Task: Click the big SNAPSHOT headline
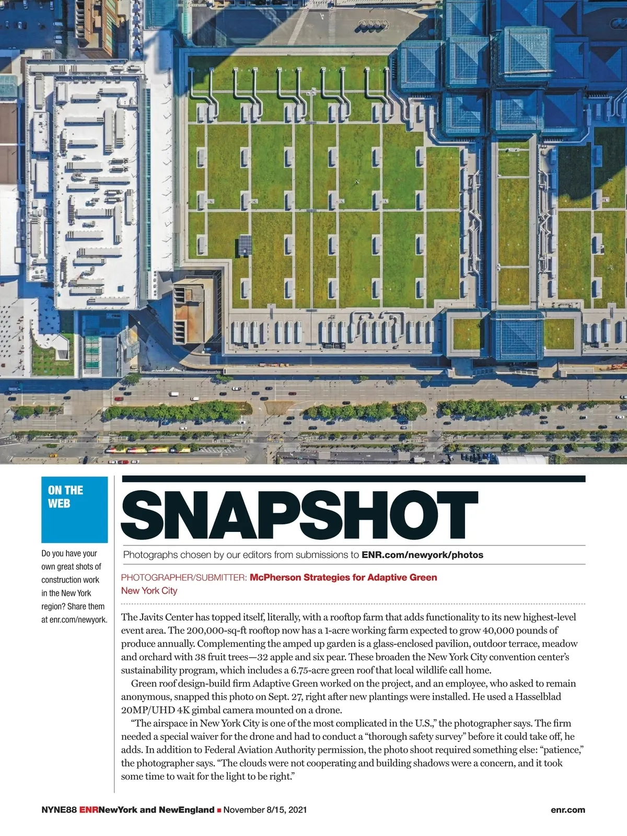click(x=299, y=515)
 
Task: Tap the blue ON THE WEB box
click(x=75, y=509)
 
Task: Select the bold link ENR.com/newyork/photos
click(x=422, y=555)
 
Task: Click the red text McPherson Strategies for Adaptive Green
click(x=343, y=577)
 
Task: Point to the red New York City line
click(x=149, y=590)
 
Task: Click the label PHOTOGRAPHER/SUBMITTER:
click(x=184, y=577)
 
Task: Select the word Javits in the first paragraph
click(x=152, y=617)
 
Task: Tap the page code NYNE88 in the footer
click(x=59, y=810)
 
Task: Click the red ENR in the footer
click(x=89, y=810)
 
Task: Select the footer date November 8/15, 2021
click(x=265, y=810)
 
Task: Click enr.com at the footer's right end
click(x=568, y=810)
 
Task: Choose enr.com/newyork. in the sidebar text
click(x=78, y=620)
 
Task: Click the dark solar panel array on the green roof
click(x=245, y=245)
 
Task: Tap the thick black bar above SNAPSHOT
click(x=353, y=479)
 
